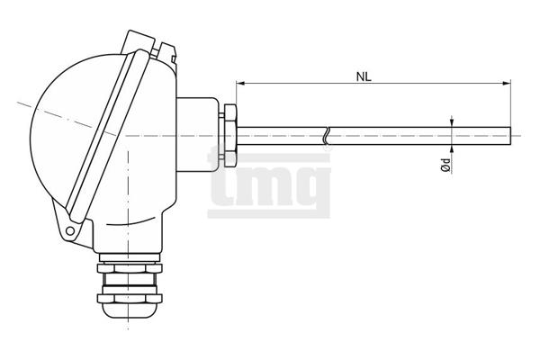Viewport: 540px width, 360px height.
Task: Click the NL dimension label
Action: coord(364,77)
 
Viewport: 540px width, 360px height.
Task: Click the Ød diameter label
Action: coord(446,166)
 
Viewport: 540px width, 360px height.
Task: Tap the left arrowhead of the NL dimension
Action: coord(240,83)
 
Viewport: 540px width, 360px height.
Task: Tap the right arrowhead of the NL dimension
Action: coord(507,83)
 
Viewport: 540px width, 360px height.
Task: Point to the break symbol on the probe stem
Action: coord(326,136)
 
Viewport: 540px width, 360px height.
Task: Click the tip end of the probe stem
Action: coord(510,136)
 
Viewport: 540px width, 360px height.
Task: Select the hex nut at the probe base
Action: coord(230,136)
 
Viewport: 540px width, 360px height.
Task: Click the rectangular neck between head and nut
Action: coord(198,135)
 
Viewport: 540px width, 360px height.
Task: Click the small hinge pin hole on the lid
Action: coord(70,230)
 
